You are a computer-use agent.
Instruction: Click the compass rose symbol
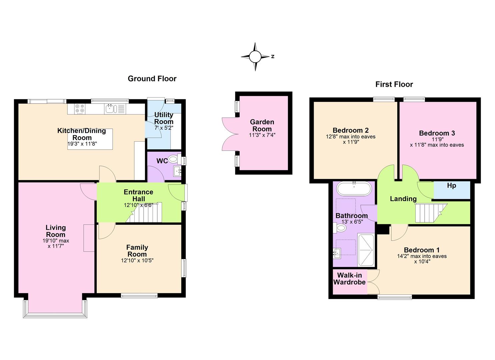click(x=255, y=57)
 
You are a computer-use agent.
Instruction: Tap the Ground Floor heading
click(x=152, y=79)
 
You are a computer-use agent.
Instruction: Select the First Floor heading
click(x=394, y=84)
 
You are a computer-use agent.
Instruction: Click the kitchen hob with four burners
click(x=80, y=109)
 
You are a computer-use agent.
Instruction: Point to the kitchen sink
click(x=111, y=109)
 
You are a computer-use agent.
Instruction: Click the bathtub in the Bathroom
click(x=354, y=189)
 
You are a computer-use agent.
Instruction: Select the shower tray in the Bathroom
click(x=366, y=250)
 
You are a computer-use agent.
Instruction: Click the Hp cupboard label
click(x=451, y=186)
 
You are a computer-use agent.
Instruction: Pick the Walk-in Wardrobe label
click(x=349, y=279)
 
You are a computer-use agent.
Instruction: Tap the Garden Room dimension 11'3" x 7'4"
click(x=262, y=135)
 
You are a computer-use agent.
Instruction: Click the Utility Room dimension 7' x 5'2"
click(x=164, y=128)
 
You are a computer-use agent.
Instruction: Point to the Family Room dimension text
click(x=137, y=261)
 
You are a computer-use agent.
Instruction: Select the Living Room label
click(x=55, y=231)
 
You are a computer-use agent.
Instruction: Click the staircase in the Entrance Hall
click(x=144, y=212)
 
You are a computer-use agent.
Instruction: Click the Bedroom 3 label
click(x=437, y=133)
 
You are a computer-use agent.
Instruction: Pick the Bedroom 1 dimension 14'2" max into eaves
click(x=422, y=256)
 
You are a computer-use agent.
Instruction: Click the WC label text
click(x=162, y=161)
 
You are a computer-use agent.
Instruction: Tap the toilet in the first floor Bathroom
click(x=340, y=228)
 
